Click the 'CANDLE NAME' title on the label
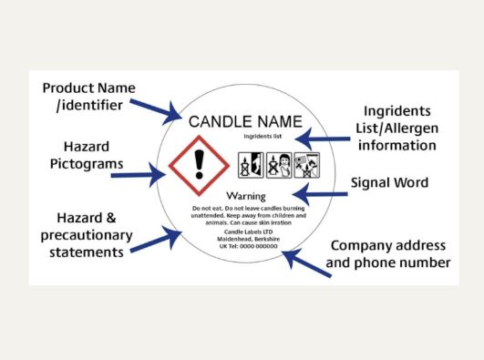[x=244, y=122]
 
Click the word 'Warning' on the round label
[x=244, y=197]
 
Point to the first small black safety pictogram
[x=247, y=165]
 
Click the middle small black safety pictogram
[x=276, y=165]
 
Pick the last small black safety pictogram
[x=306, y=165]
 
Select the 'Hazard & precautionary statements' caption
[x=88, y=236]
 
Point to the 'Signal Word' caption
[x=389, y=182]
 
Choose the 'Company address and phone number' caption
[x=389, y=254]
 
